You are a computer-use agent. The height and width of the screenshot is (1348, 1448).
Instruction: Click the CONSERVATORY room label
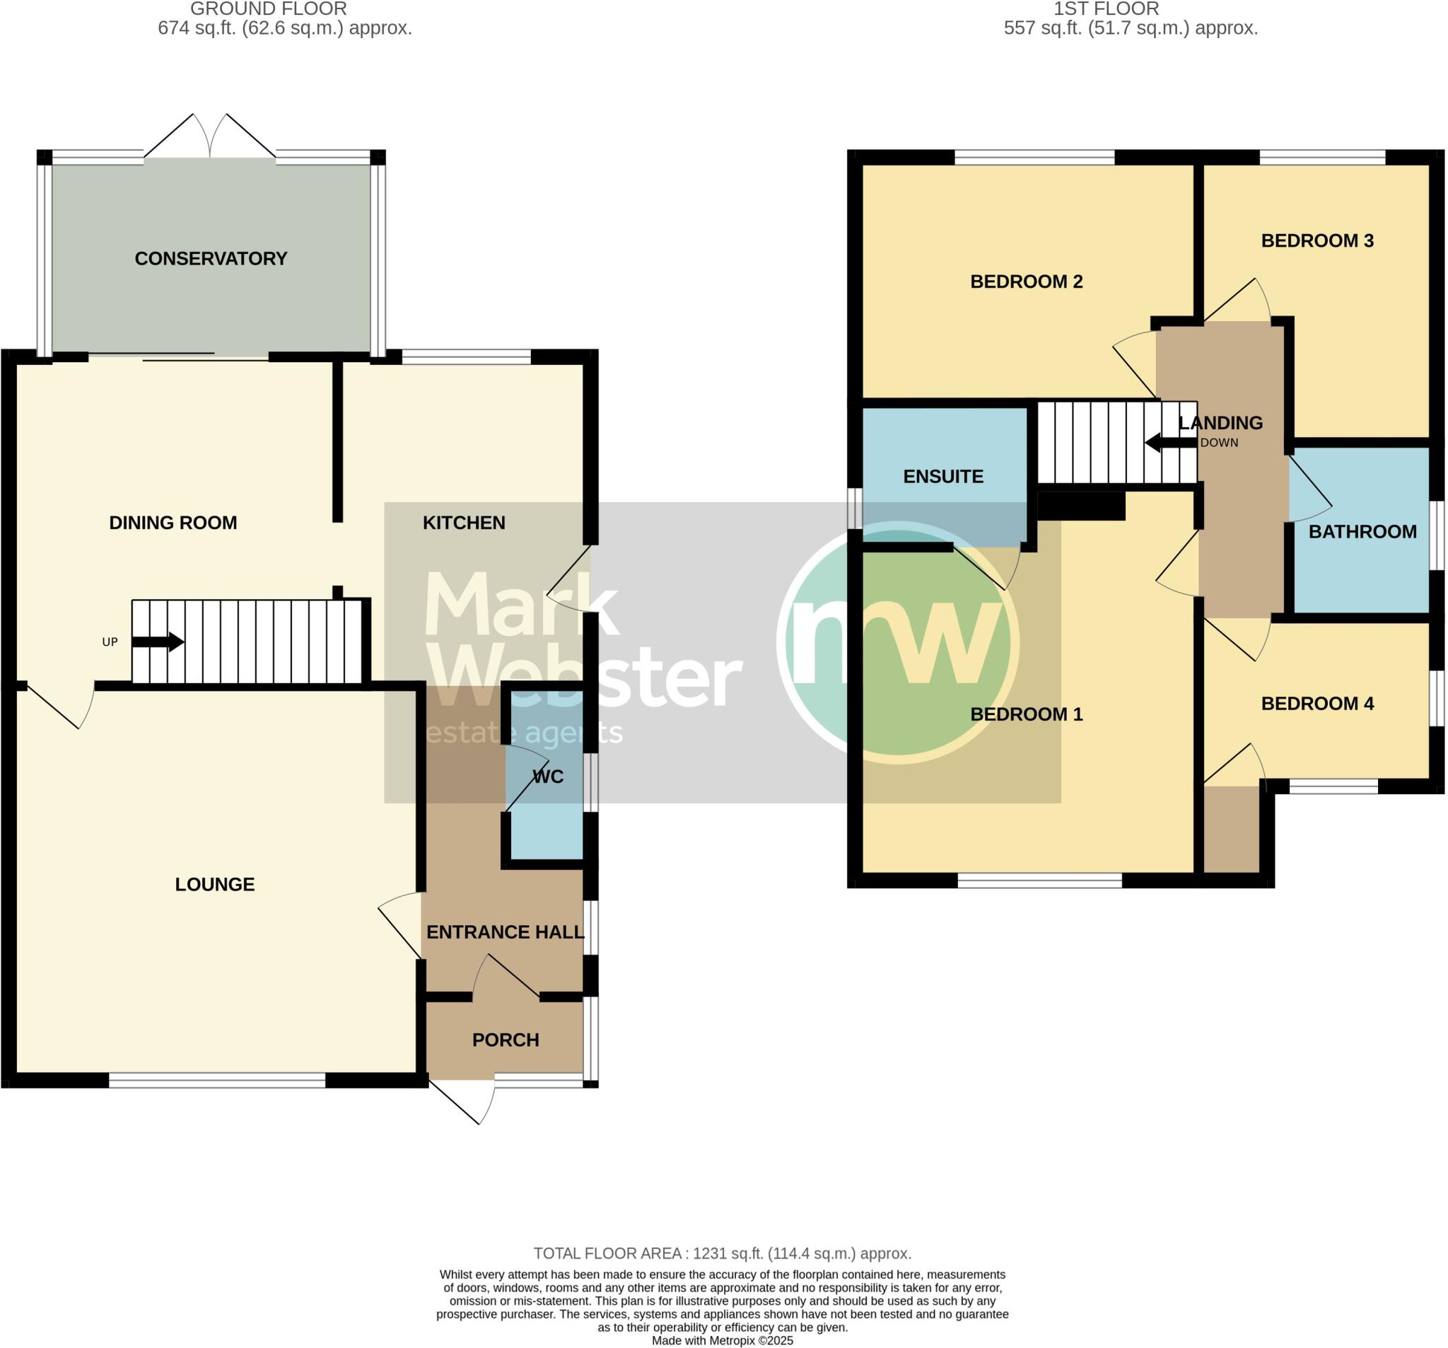point(211,259)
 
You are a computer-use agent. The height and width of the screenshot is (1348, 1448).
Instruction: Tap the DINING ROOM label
point(173,523)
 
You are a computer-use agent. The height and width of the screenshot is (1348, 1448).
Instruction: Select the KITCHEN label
point(464,523)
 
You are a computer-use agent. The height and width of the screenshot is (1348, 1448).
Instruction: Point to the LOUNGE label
point(215,884)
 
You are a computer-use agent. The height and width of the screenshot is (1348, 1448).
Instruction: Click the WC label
point(548,777)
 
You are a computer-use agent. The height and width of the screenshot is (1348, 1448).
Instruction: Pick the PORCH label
point(506,1040)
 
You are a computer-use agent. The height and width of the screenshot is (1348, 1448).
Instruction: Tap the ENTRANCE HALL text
point(505,932)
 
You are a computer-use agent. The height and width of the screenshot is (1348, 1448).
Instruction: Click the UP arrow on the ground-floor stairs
point(158,642)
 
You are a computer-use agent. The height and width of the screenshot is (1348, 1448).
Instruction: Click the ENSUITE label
point(943,477)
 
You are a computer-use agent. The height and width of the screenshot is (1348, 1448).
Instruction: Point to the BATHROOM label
point(1362,532)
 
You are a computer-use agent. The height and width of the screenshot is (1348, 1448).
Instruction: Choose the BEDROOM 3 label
point(1317,240)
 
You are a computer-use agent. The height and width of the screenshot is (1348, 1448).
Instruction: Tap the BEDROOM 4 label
point(1317,703)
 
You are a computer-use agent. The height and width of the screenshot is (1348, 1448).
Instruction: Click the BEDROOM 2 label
point(1027,281)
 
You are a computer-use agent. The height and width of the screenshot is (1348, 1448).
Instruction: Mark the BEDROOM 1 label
point(1027,714)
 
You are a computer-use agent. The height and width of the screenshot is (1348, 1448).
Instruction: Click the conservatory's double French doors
point(211,139)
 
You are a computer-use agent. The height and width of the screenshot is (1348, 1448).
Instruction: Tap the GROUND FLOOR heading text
point(268,9)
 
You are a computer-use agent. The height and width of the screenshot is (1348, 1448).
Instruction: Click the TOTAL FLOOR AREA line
point(722,1253)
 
